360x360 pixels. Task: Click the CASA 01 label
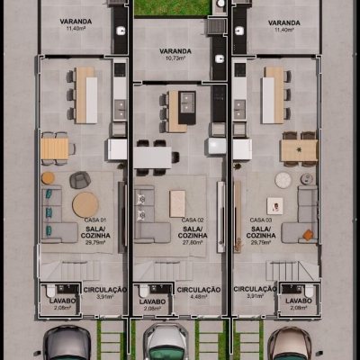point(95,220)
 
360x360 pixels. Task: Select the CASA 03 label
point(261,220)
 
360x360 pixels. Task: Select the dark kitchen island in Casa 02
point(187,107)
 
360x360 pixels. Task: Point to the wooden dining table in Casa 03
point(298,150)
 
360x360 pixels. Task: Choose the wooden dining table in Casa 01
point(55,148)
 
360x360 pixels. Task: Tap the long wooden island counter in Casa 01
point(85,94)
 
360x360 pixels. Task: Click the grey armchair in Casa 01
point(79,178)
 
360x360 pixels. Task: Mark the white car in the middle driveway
point(165,344)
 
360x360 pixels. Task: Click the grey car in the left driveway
point(67,344)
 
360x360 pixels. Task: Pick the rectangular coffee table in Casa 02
point(177,202)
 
